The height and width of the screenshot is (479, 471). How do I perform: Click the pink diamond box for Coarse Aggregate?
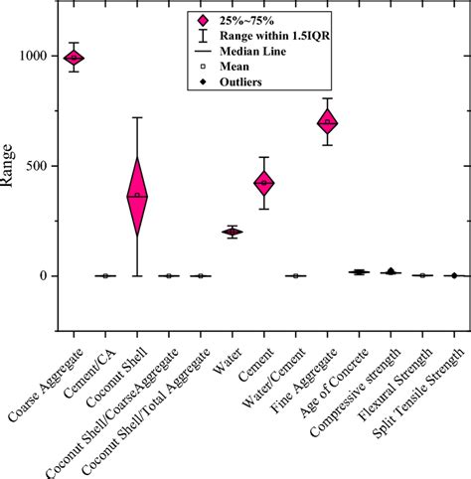click(74, 58)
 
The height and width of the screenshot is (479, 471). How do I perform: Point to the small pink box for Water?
click(232, 232)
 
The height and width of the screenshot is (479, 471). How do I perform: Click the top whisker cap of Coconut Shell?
click(137, 117)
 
